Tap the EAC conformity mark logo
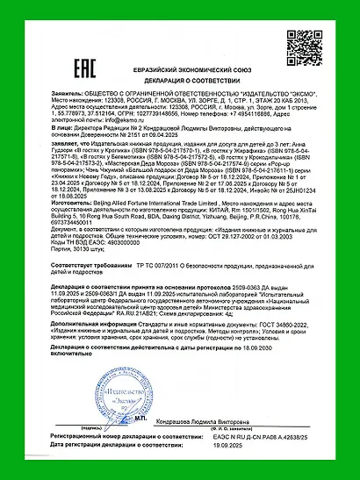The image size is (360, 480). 55,44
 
